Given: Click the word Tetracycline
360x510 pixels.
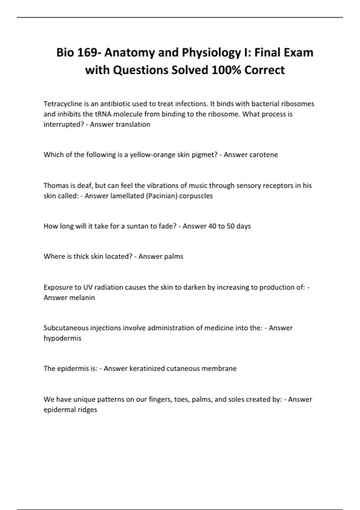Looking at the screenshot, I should pos(63,104).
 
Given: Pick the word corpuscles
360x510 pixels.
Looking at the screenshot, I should pos(196,196).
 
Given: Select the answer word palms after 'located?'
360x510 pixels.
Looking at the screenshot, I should pos(174,256).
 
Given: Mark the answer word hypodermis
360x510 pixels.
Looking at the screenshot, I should pos(62,338).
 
